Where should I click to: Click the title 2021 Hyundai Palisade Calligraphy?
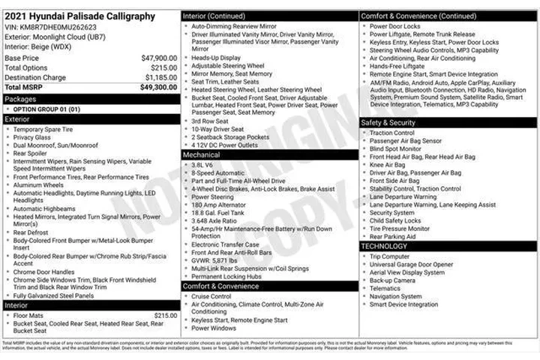(79, 16)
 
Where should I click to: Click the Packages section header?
(20, 98)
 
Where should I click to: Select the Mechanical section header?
(202, 154)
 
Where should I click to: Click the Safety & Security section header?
(388, 122)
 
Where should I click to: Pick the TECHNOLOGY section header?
(385, 246)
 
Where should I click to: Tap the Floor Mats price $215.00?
(165, 315)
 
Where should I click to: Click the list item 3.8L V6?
(202, 164)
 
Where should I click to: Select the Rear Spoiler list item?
(30, 153)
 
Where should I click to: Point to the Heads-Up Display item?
(216, 57)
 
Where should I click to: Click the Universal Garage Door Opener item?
(411, 264)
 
